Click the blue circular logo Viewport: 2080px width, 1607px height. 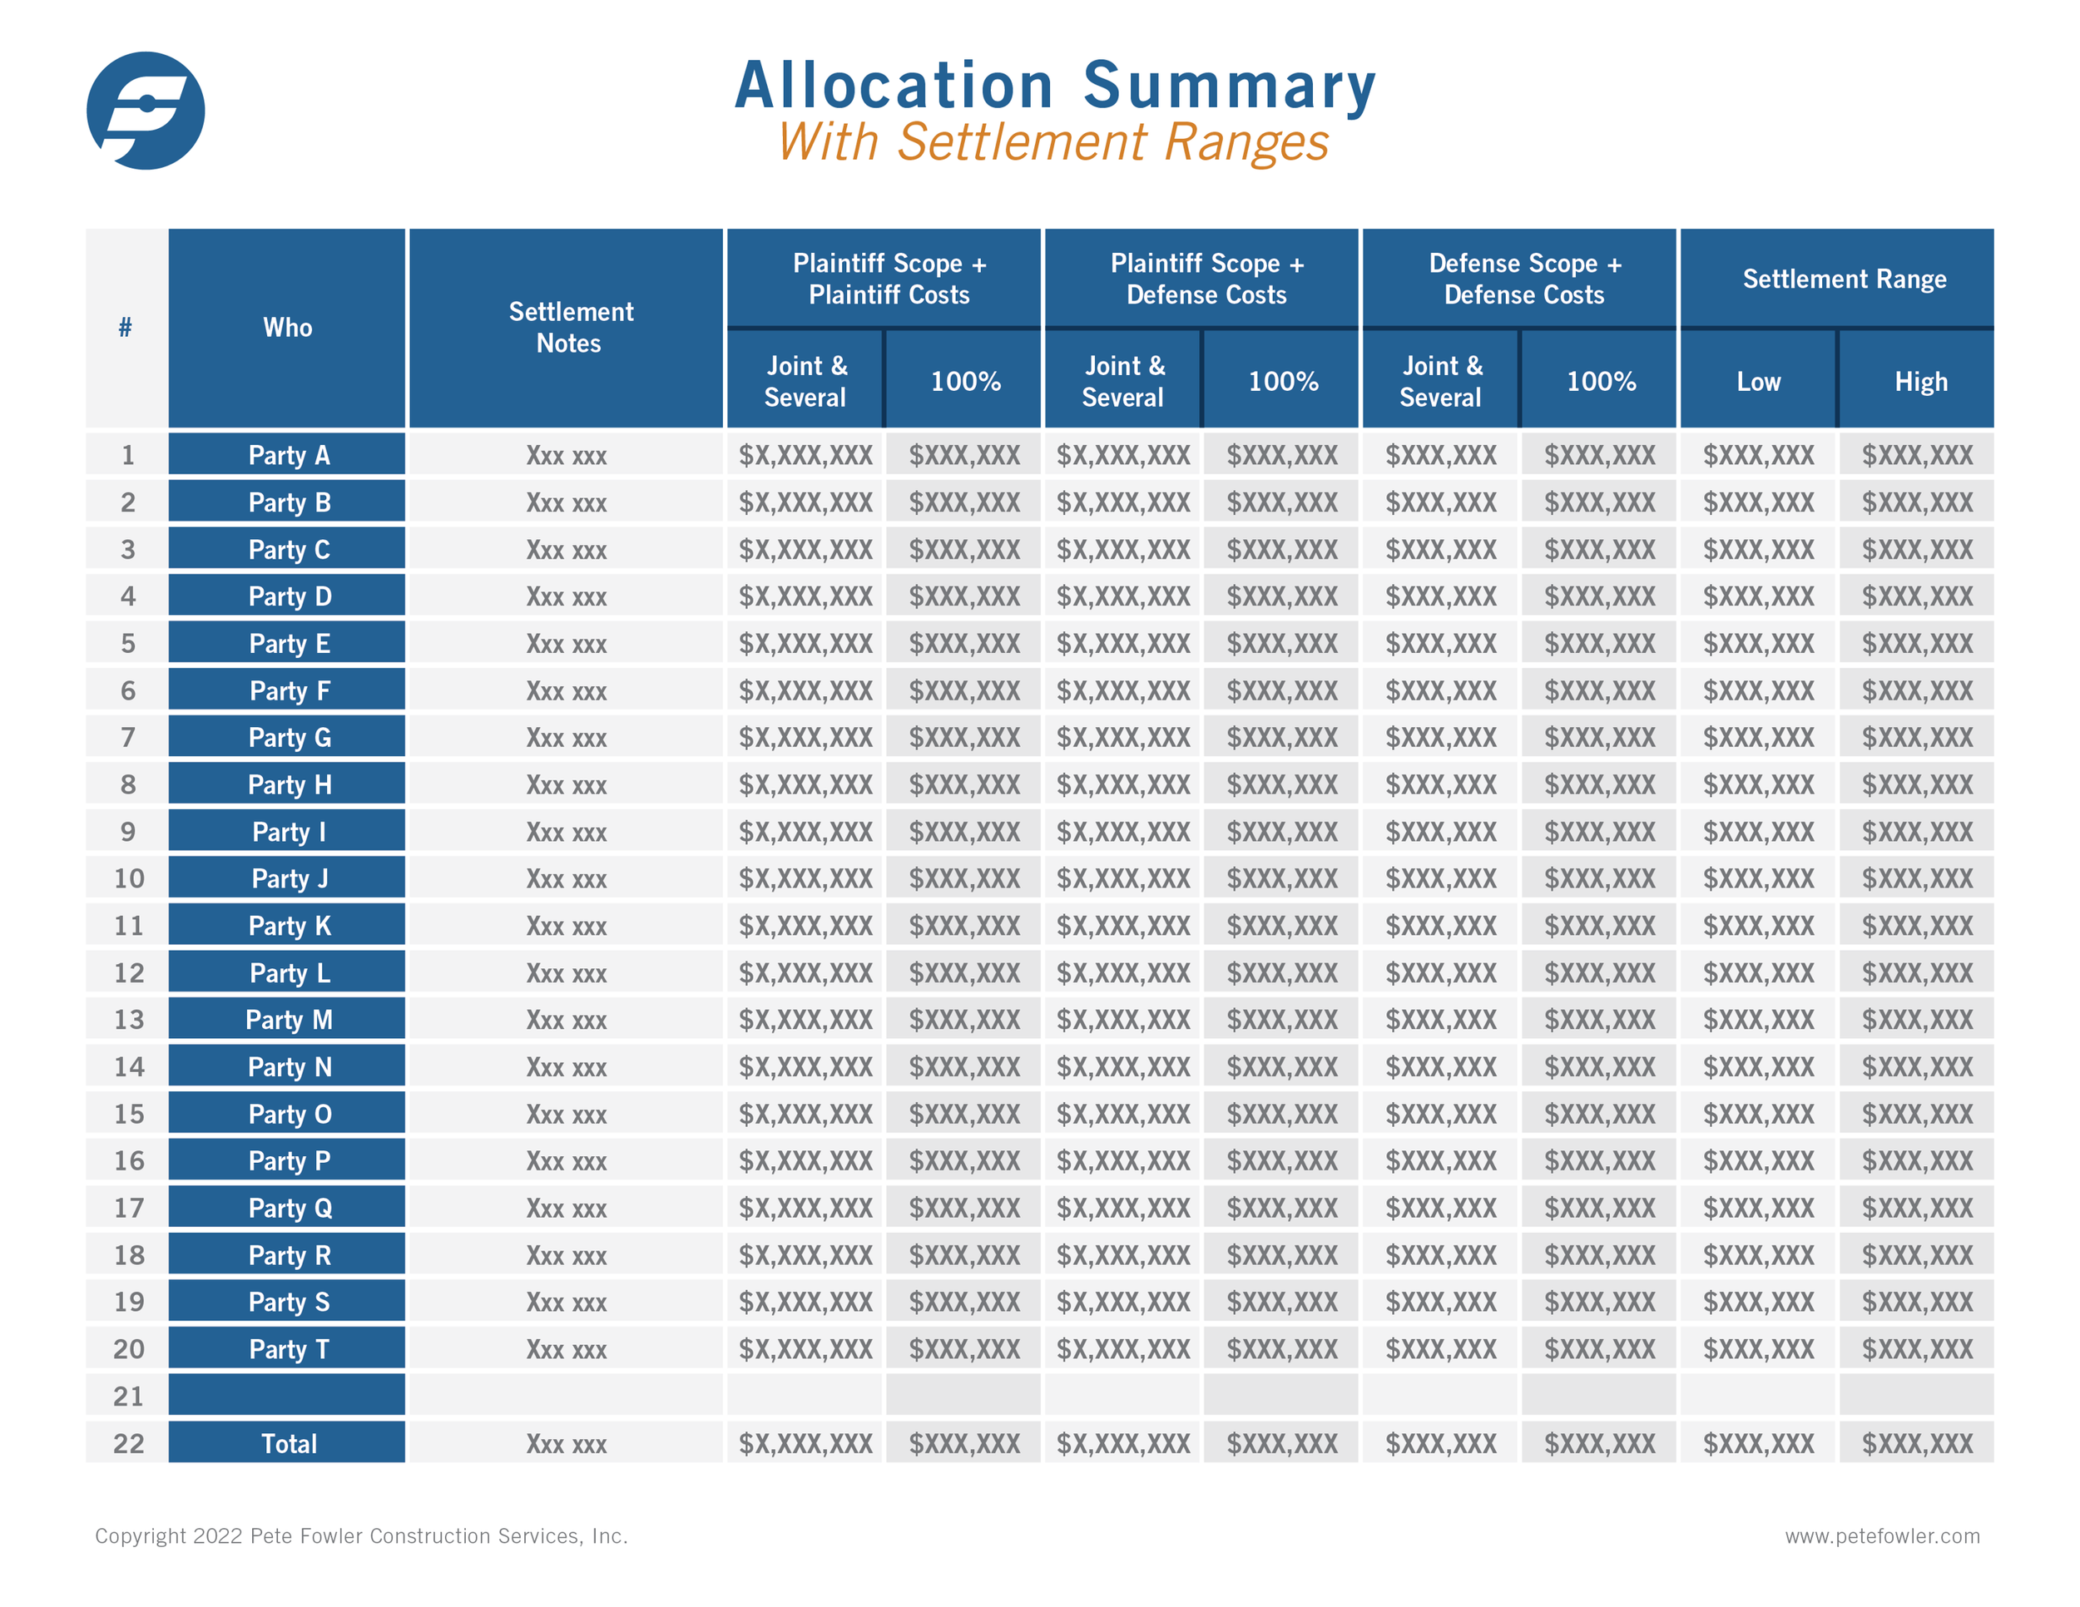pyautogui.click(x=145, y=111)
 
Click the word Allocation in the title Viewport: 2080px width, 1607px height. pyautogui.click(x=893, y=86)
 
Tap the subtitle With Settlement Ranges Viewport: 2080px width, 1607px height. pyautogui.click(x=1052, y=143)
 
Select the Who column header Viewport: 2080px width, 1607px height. pyautogui.click(x=287, y=328)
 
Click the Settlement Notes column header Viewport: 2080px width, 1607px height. pyautogui.click(x=568, y=328)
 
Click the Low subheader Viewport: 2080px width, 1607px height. pyautogui.click(x=1757, y=382)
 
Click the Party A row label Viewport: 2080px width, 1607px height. pyautogui.click(x=288, y=455)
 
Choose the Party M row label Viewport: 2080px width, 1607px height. pyautogui.click(x=288, y=1020)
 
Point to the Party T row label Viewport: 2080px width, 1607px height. pyautogui.click(x=288, y=1349)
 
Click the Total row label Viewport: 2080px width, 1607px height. pyautogui.click(x=288, y=1443)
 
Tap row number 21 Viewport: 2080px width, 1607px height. pyautogui.click(x=127, y=1396)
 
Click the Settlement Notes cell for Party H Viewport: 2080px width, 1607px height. pyautogui.click(x=566, y=784)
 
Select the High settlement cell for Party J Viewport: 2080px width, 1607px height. pyautogui.click(x=1916, y=878)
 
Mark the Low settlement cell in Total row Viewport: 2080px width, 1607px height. pyautogui.click(x=1758, y=1443)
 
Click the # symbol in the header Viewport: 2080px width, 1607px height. pyautogui.click(x=125, y=328)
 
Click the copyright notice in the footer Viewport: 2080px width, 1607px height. pyautogui.click(x=361, y=1535)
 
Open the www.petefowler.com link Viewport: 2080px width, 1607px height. pyautogui.click(x=1881, y=1535)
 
